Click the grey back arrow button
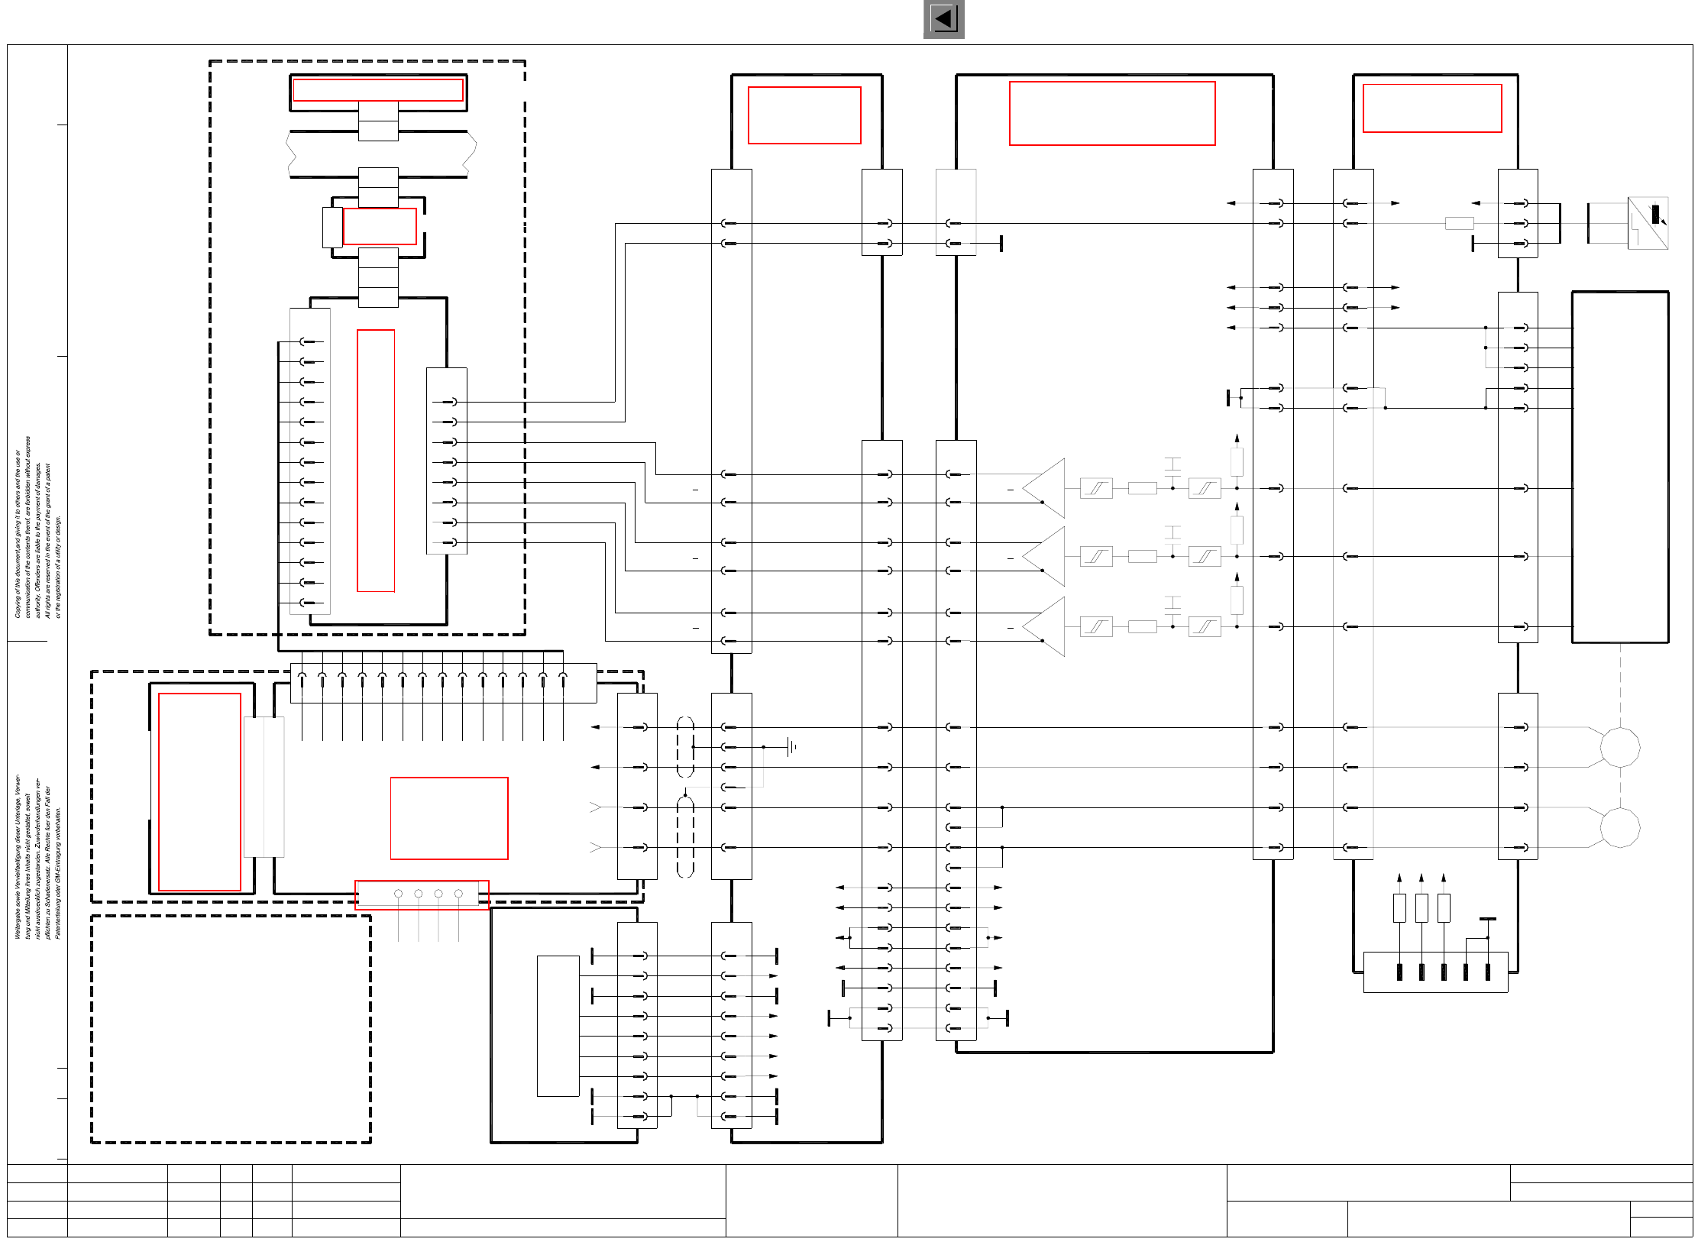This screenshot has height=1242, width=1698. point(943,19)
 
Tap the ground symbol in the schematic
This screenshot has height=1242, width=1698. point(792,747)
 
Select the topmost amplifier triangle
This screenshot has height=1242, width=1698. point(1045,488)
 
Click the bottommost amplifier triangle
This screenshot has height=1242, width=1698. point(1045,627)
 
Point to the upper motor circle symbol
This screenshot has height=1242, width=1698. point(1619,747)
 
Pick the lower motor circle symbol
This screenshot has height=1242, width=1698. point(1619,827)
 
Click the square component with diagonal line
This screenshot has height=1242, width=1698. point(1648,223)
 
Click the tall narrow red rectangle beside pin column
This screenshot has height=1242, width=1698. point(376,461)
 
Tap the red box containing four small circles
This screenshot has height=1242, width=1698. point(422,894)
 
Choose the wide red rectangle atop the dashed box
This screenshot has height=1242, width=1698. point(378,90)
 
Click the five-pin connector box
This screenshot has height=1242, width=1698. point(1435,972)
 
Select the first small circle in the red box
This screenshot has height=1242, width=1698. point(398,894)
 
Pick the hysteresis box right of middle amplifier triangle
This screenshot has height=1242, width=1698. point(1096,557)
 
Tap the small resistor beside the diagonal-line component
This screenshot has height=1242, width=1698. point(1459,224)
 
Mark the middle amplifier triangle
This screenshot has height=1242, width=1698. point(1045,557)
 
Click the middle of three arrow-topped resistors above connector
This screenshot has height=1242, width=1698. point(1421,907)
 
